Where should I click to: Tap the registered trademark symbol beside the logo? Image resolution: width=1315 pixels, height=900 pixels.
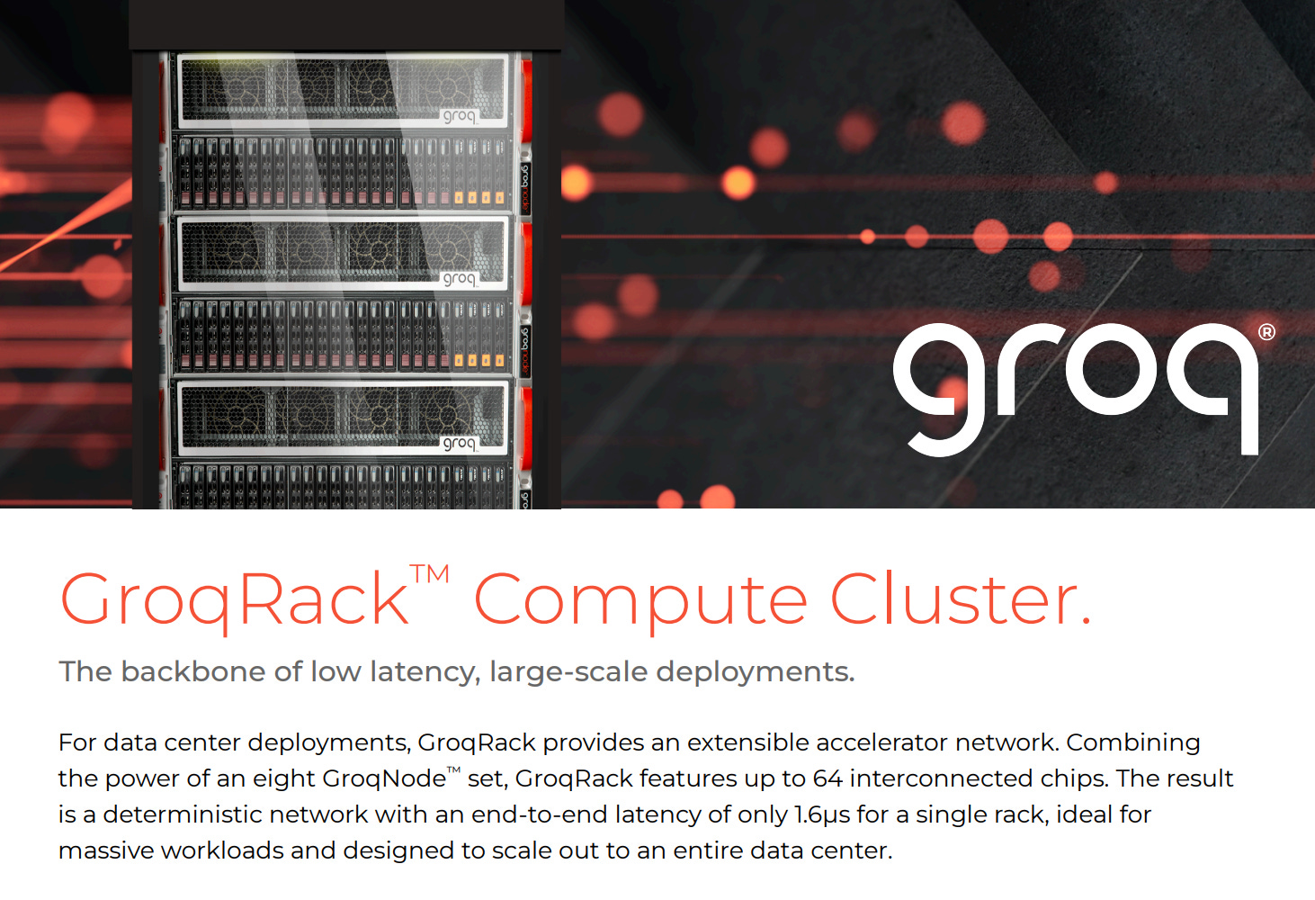tap(1266, 332)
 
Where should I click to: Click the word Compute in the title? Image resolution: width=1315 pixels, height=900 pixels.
tap(640, 600)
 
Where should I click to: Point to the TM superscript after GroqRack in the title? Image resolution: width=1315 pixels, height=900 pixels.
tap(430, 574)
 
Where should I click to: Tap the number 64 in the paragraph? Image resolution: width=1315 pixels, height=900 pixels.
tap(827, 778)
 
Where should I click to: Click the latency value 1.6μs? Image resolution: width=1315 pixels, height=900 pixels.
tap(822, 814)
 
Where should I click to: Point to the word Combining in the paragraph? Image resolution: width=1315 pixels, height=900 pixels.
tap(1133, 742)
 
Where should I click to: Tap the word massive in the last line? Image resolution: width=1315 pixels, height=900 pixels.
tap(105, 850)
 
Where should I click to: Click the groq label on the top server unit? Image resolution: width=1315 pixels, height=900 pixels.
tap(459, 116)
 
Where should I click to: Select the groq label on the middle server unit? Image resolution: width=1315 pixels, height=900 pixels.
tap(459, 279)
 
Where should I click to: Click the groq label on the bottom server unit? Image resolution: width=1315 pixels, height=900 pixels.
tap(459, 443)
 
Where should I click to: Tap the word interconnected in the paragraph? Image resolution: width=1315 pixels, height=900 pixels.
tap(941, 778)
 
